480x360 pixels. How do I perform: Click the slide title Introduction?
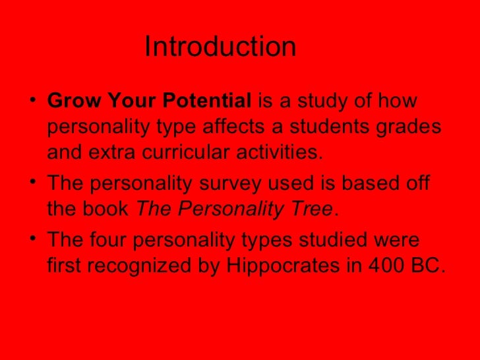(x=220, y=47)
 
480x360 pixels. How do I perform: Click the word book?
(x=109, y=210)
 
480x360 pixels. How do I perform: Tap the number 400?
(x=392, y=267)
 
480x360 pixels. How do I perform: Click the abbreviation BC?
(x=431, y=267)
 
